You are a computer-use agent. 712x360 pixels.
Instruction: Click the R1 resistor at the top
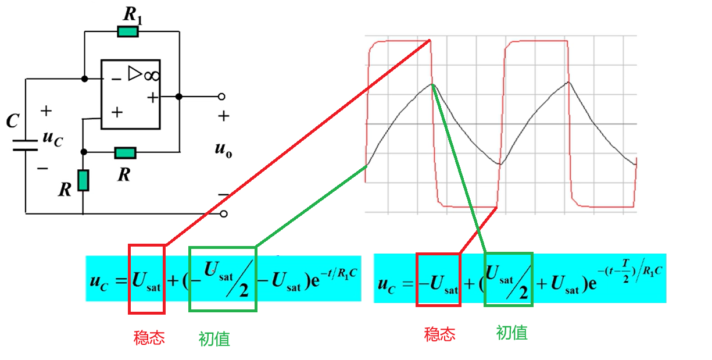[128, 32]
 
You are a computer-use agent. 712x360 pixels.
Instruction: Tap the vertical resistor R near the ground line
[83, 180]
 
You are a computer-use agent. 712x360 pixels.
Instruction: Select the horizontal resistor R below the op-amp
[125, 153]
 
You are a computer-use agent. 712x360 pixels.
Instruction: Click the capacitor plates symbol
[25, 145]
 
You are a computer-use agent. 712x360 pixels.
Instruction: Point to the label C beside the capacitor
[13, 121]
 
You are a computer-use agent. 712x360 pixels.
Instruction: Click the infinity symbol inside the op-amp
[152, 76]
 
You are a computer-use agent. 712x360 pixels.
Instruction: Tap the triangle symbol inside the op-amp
[135, 73]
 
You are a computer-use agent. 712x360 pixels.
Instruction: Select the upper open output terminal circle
[221, 97]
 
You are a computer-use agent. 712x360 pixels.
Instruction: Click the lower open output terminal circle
[224, 213]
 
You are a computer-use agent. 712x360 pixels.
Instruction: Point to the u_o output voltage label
[223, 149]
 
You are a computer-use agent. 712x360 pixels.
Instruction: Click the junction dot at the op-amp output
[179, 97]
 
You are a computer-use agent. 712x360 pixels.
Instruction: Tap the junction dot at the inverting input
[84, 79]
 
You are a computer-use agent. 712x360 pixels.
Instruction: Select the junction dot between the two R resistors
[84, 152]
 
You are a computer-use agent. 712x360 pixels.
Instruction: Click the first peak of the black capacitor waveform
[432, 84]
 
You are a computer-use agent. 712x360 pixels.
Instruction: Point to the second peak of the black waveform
[568, 83]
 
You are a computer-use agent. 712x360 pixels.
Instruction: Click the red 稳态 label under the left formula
[149, 338]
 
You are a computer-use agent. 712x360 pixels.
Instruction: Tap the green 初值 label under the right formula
[511, 333]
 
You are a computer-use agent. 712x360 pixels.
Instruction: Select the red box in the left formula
[147, 279]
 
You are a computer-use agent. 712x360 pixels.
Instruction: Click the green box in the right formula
[509, 280]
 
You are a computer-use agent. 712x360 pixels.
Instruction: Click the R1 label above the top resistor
[133, 15]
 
